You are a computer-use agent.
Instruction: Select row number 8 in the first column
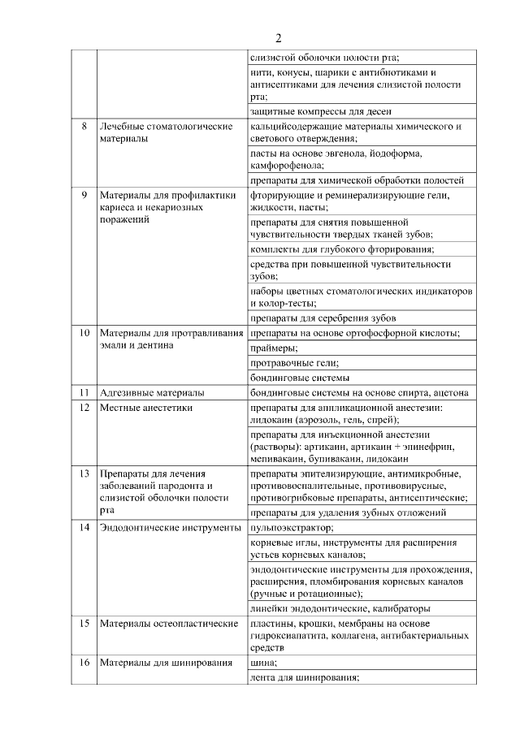tap(84, 127)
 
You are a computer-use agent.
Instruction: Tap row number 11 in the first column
tap(84, 392)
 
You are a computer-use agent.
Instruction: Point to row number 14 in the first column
tap(84, 528)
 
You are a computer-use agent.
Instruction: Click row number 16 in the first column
tap(84, 663)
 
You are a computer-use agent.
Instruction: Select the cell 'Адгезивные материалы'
tap(152, 392)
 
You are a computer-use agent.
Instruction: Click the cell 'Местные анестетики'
tap(146, 408)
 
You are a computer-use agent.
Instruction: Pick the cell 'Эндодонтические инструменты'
tap(170, 528)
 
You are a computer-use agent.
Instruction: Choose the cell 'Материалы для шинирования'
tap(161, 663)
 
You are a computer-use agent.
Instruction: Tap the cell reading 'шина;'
tap(264, 663)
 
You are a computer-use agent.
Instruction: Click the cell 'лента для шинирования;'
tap(305, 677)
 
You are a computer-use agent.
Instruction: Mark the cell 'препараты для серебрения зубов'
tap(323, 318)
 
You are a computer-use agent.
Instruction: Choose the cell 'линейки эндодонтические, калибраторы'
tap(340, 607)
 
